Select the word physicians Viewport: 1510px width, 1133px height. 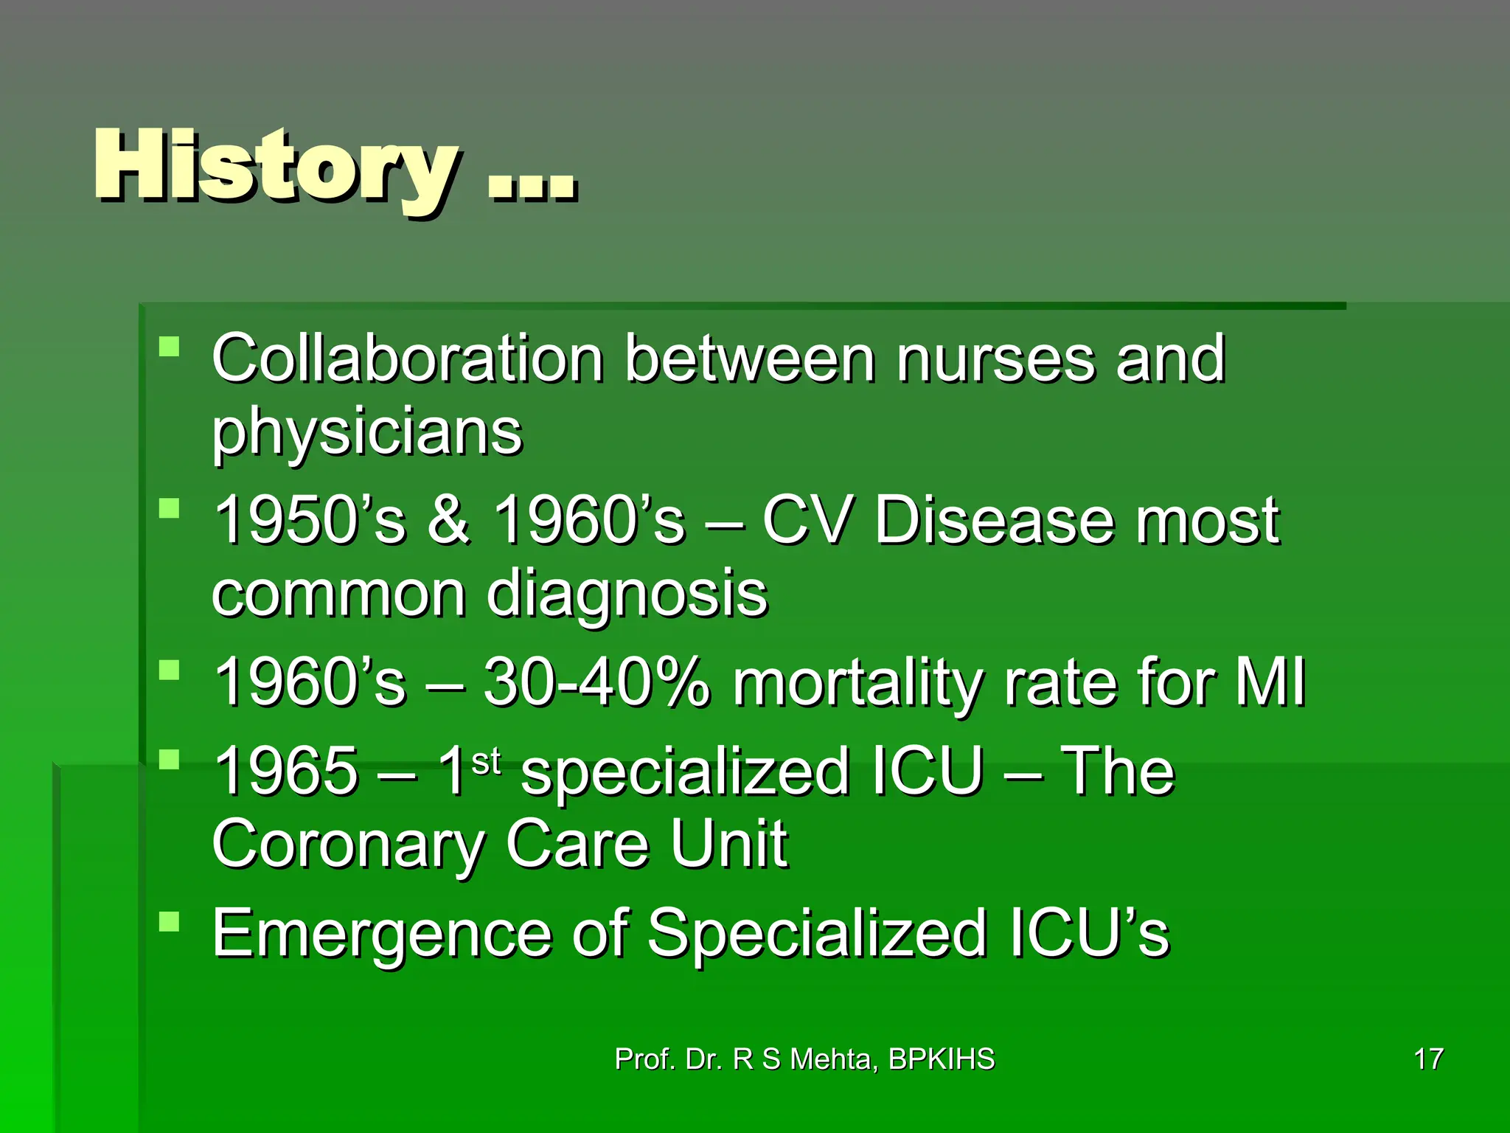pyautogui.click(x=366, y=433)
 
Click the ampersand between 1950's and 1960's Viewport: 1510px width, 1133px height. pyautogui.click(x=448, y=520)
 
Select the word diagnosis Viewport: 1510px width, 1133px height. pyautogui.click(x=627, y=595)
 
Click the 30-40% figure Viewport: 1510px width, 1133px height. pyautogui.click(x=596, y=682)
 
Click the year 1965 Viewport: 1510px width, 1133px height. pyautogui.click(x=286, y=771)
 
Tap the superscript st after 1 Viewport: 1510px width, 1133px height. pyautogui.click(x=486, y=761)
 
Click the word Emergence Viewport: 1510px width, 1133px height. pyautogui.click(x=382, y=933)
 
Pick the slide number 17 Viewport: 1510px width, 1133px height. pyautogui.click(x=1428, y=1059)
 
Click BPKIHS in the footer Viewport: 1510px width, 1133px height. pyautogui.click(x=942, y=1059)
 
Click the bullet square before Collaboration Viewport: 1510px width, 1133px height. pyautogui.click(x=170, y=347)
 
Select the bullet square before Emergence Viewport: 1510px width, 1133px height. pyautogui.click(x=170, y=921)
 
